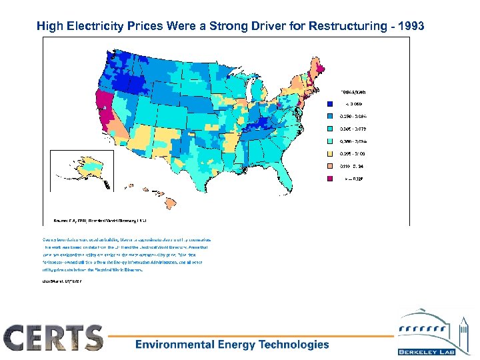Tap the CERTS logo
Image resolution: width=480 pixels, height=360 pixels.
(54, 338)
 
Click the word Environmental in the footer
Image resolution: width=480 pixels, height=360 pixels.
(175, 345)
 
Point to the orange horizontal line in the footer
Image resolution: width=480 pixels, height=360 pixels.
(253, 335)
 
